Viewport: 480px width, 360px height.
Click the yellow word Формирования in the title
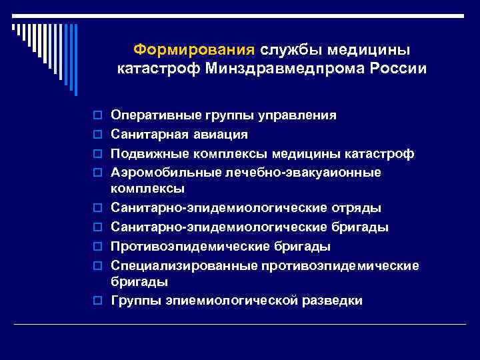pos(194,50)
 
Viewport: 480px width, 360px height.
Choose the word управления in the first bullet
pos(295,115)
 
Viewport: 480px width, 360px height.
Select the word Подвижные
pos(145,154)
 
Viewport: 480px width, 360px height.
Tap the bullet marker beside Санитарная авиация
pos(99,135)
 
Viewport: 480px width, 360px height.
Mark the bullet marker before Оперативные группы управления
pos(99,116)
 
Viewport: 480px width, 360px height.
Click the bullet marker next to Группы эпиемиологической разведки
pos(99,301)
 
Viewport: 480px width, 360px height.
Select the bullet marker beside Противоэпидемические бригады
pos(99,247)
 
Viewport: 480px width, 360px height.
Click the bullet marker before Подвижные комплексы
pos(99,155)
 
